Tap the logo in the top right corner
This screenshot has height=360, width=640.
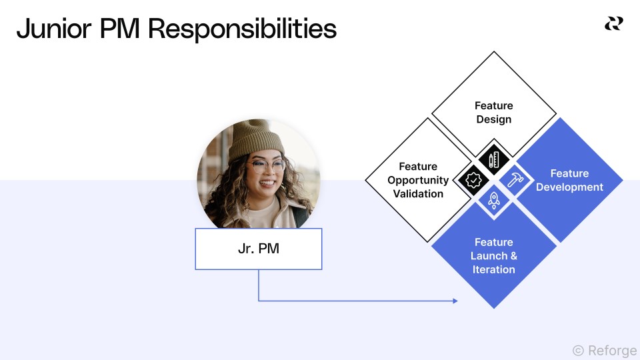pos(613,24)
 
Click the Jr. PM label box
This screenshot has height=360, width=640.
pos(259,249)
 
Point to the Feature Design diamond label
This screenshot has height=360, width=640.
pos(493,113)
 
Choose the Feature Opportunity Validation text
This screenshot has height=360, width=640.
pos(418,180)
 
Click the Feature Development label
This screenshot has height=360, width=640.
pos(569,180)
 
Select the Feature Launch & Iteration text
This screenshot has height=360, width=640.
pos(493,256)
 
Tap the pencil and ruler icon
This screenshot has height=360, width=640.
pos(493,160)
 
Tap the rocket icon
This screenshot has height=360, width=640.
pos(493,199)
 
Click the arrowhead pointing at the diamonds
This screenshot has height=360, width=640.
pos(455,301)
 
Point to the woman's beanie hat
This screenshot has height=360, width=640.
pos(256,141)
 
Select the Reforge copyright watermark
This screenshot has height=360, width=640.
pos(604,350)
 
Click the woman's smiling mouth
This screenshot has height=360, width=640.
pos(266,182)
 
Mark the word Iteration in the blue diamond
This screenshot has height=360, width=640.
pos(493,269)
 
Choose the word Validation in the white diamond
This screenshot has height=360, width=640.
pos(418,194)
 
